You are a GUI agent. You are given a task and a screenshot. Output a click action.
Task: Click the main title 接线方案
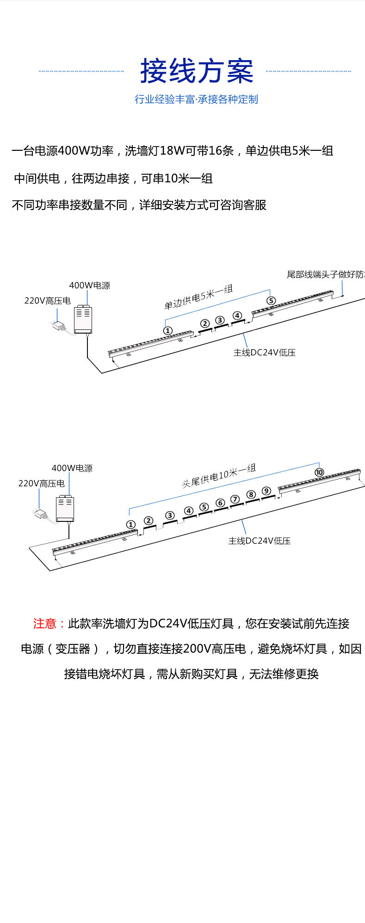197,71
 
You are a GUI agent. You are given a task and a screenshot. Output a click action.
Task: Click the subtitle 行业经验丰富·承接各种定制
196,99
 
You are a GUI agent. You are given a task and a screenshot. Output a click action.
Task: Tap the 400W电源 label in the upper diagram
90,285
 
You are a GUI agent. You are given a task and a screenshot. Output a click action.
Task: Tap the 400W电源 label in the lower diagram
72,468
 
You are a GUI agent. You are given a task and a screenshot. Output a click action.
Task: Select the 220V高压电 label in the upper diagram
47,301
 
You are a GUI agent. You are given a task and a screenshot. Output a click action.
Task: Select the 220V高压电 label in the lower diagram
41,483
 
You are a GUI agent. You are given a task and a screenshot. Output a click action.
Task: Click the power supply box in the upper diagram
83,319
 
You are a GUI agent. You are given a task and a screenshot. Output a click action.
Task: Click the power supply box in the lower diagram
65,508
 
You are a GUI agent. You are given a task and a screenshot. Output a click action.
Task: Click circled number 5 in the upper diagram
271,301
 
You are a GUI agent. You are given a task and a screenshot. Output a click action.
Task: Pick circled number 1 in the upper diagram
167,330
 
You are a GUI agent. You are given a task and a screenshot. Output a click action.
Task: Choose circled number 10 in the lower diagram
319,472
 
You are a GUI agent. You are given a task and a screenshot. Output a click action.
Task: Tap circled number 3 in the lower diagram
170,515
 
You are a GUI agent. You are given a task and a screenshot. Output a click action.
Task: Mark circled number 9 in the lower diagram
266,491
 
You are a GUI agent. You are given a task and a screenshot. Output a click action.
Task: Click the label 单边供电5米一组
198,297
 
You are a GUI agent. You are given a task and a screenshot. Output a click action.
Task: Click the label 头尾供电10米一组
218,476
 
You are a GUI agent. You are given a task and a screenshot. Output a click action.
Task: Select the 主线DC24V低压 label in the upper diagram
264,353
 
